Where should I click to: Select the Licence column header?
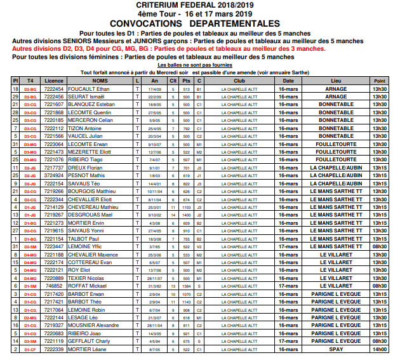coord(55,81)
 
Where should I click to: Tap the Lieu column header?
coord(336,81)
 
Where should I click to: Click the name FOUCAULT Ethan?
coord(90,90)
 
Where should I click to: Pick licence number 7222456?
coord(55,97)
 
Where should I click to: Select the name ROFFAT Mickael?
coord(86,286)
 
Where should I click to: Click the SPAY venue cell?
coord(336,349)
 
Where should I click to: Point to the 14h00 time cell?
coord(380,349)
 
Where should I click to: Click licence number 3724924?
coord(55,175)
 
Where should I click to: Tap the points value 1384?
coord(186,286)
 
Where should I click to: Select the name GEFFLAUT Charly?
coord(90,341)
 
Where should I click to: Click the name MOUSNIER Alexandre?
coord(94,325)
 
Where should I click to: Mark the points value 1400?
coord(186,215)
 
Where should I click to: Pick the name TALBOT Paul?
coord(85,238)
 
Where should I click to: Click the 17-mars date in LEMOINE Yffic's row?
coord(288,246)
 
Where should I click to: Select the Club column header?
coord(239,81)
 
